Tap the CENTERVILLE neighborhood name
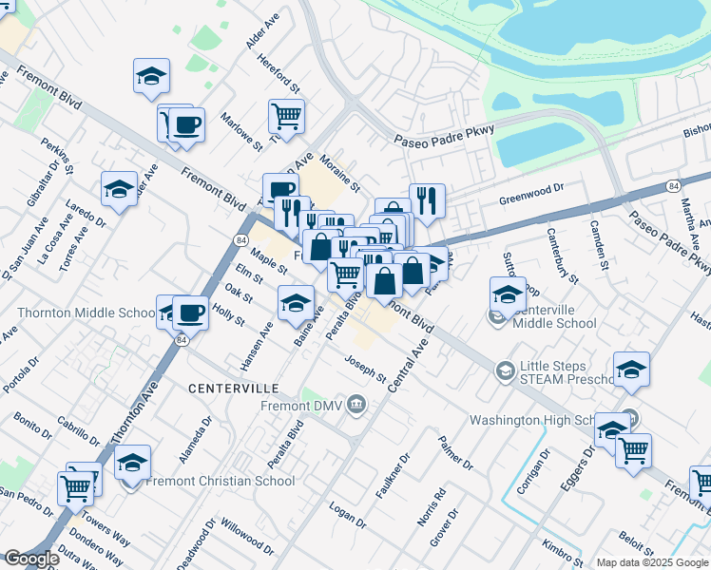click(233, 389)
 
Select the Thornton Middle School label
click(86, 313)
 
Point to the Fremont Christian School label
click(221, 481)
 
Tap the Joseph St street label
click(365, 370)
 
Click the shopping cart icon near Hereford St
click(286, 116)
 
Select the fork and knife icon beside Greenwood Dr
click(427, 199)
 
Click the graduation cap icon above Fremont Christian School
click(133, 462)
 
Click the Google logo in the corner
click(30, 560)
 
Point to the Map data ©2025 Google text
click(652, 562)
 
